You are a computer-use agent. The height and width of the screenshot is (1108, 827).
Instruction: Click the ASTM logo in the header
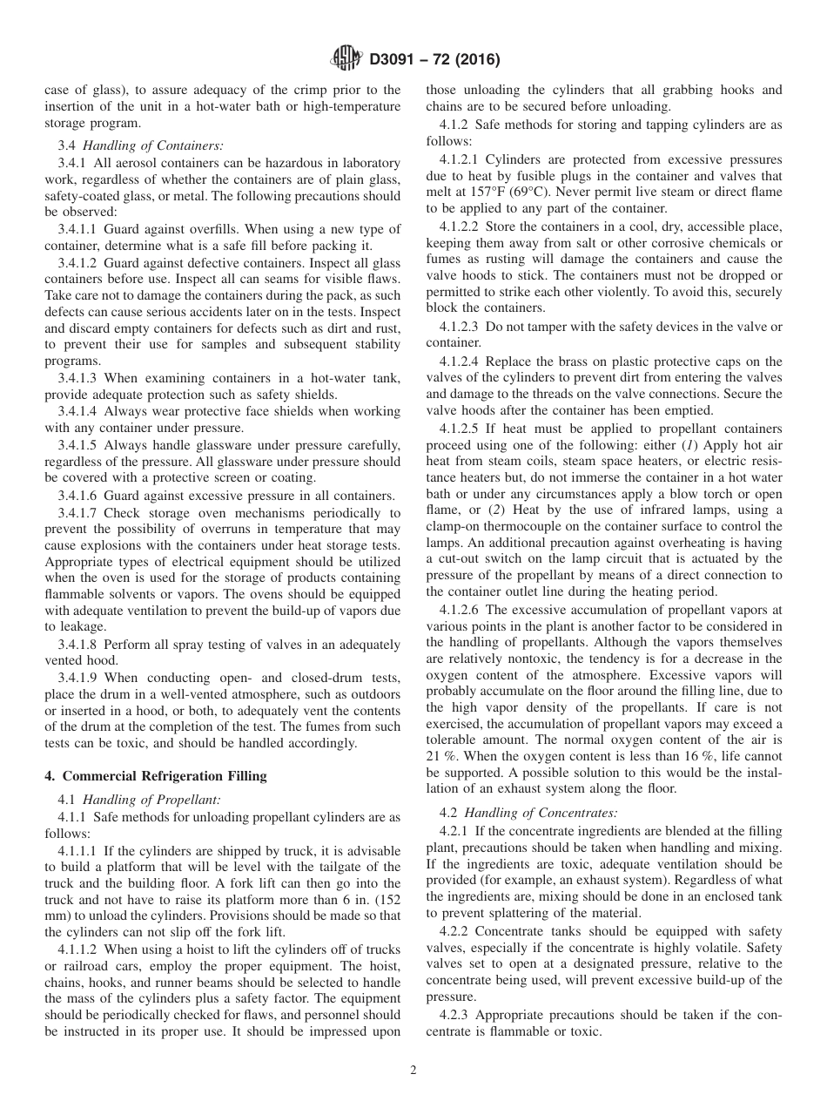coord(347,60)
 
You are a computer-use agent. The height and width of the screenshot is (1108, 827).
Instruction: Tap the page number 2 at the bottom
coord(413,1071)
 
